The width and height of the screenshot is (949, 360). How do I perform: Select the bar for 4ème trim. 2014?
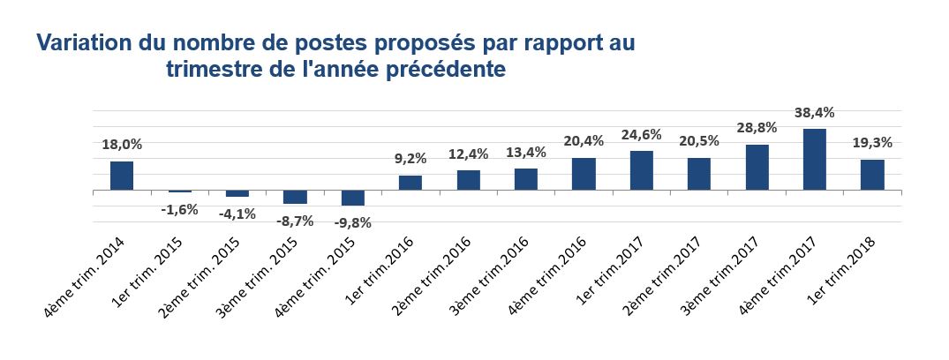tap(122, 176)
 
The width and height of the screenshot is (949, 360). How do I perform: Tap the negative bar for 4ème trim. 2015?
tap(352, 198)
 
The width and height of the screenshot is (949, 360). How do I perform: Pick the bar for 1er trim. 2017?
tap(642, 170)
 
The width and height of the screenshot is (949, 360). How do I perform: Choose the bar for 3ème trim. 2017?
tap(757, 168)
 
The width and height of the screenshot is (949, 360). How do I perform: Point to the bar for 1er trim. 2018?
tap(872, 175)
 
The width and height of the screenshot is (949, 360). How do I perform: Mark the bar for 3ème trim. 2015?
tap(295, 197)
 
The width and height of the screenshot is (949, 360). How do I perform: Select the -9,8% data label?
tap(352, 222)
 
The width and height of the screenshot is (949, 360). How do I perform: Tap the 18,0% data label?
tap(122, 145)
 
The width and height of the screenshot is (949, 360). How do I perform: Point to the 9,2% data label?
tap(410, 159)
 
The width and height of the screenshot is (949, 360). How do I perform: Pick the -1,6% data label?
tap(179, 209)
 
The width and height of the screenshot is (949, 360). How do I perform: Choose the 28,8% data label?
tap(757, 129)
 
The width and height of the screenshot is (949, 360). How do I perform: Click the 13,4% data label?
tap(526, 152)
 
